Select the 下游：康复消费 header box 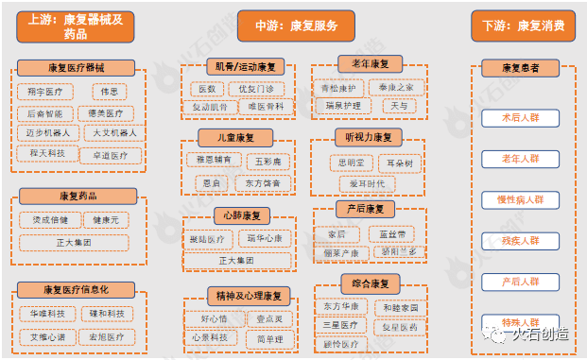[x=523, y=25]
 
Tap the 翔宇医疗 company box [x=44, y=92]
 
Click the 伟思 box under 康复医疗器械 [x=110, y=92]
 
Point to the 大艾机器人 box [x=114, y=133]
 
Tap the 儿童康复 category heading [x=227, y=137]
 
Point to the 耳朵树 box [x=396, y=163]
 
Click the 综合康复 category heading [x=371, y=283]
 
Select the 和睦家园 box [x=400, y=308]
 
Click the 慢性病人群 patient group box [x=520, y=200]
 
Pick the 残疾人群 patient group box [x=520, y=241]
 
